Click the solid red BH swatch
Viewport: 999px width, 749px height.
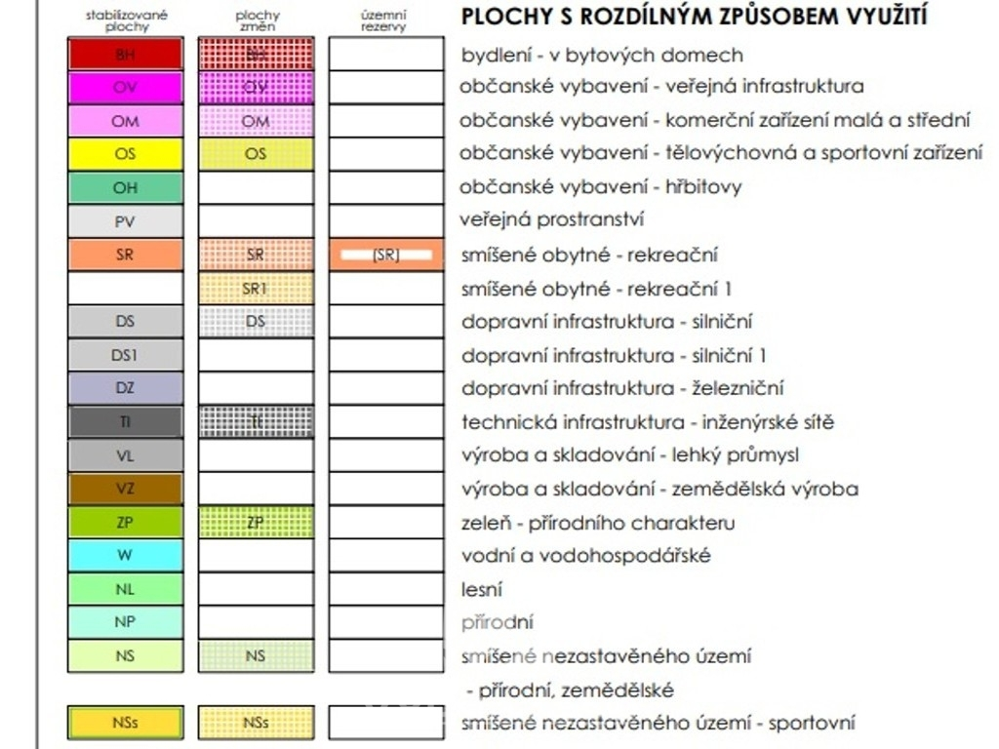coord(125,54)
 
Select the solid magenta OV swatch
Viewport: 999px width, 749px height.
coord(125,88)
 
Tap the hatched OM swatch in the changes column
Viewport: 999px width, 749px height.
coord(256,121)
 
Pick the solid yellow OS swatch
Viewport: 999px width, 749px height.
coord(125,154)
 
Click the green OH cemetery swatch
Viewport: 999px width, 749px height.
coord(125,187)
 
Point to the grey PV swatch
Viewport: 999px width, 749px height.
coord(125,221)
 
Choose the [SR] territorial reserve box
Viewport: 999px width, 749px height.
coord(386,255)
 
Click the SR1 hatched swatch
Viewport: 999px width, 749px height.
coord(256,289)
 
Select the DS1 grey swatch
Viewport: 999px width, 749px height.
coord(125,355)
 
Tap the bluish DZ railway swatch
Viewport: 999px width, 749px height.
coord(125,388)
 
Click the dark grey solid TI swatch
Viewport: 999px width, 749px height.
coord(125,421)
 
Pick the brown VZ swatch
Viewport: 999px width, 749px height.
coord(125,489)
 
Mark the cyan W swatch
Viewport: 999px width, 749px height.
coord(125,555)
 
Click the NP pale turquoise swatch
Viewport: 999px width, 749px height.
coord(125,621)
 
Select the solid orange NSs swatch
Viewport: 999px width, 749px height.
coord(125,723)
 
